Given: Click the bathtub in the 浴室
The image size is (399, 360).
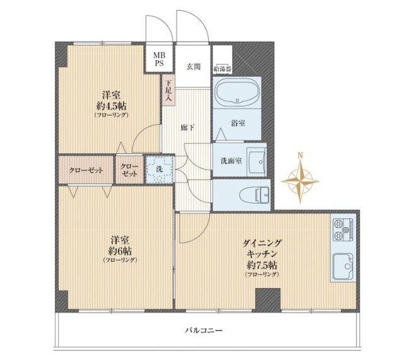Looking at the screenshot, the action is [237, 92].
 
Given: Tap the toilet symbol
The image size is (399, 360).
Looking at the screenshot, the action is [254, 195].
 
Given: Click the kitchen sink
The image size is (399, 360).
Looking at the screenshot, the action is [343, 266].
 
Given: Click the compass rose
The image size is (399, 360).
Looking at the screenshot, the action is [300, 181].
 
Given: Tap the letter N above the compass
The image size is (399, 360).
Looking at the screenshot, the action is [301, 155].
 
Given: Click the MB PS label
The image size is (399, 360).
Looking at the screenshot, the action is [159, 59].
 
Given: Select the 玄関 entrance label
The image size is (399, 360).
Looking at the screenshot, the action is [194, 67].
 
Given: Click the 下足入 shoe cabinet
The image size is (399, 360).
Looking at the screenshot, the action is [168, 90].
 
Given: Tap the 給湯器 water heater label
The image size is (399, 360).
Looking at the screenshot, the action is [223, 68].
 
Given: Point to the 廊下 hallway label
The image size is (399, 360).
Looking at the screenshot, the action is [188, 128].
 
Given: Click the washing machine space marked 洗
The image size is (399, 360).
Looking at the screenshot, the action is [159, 169].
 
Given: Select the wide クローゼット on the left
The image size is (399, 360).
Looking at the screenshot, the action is [86, 170].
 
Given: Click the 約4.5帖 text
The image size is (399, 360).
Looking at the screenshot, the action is [111, 105].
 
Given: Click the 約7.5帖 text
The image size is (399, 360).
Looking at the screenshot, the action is [262, 265].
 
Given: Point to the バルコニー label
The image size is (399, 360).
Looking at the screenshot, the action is [204, 331].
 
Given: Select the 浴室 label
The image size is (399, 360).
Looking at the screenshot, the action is [238, 124].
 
